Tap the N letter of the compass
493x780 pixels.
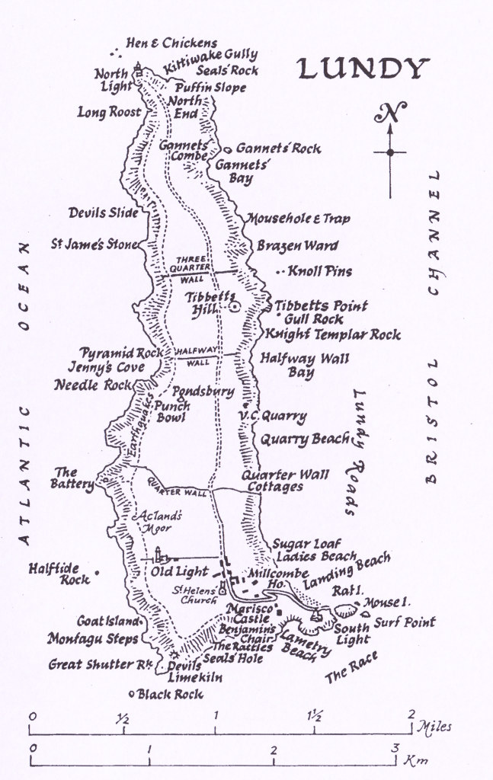[389, 114]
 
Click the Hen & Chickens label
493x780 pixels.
[171, 43]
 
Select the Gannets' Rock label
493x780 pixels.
[278, 149]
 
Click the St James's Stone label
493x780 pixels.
[94, 245]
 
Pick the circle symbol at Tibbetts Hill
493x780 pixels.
[234, 306]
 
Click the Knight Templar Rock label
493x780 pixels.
[332, 334]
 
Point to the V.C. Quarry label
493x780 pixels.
[272, 416]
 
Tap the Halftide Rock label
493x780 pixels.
[59, 573]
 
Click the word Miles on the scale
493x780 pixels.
[434, 726]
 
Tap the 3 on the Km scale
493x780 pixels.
[395, 749]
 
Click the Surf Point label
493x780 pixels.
[405, 622]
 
